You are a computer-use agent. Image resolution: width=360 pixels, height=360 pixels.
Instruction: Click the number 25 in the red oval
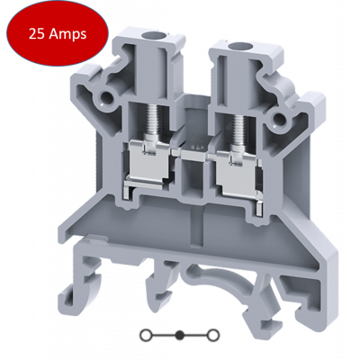tap(37, 34)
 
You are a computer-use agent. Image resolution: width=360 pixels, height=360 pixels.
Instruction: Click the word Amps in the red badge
tap(67, 35)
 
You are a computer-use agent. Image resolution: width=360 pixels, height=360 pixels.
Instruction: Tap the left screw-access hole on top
tap(149, 36)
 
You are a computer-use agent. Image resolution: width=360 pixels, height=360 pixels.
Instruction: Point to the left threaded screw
tap(151, 120)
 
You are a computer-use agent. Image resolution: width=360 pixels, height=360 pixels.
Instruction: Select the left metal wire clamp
tap(148, 165)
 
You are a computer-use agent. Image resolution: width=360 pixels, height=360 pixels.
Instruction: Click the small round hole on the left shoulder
tap(105, 96)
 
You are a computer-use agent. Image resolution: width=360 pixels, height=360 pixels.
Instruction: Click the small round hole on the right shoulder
tap(279, 119)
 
